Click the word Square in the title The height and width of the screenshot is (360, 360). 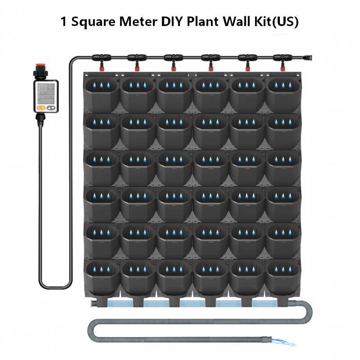coord(93,22)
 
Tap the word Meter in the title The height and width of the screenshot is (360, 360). coord(138,22)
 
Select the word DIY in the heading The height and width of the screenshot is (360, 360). coord(172,22)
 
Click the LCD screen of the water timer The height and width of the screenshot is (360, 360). coord(46,93)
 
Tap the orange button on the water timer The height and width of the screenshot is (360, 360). coord(40,108)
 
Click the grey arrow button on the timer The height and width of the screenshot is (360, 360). coord(51,108)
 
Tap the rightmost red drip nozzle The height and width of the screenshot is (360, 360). coord(283,68)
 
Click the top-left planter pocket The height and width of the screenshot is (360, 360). coord(102,94)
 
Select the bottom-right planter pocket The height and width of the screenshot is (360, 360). coord(283,278)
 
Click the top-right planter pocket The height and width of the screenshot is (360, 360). coord(283,94)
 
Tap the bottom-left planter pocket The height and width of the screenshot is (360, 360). coord(102,278)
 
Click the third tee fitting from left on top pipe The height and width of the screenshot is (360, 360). coord(173,58)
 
